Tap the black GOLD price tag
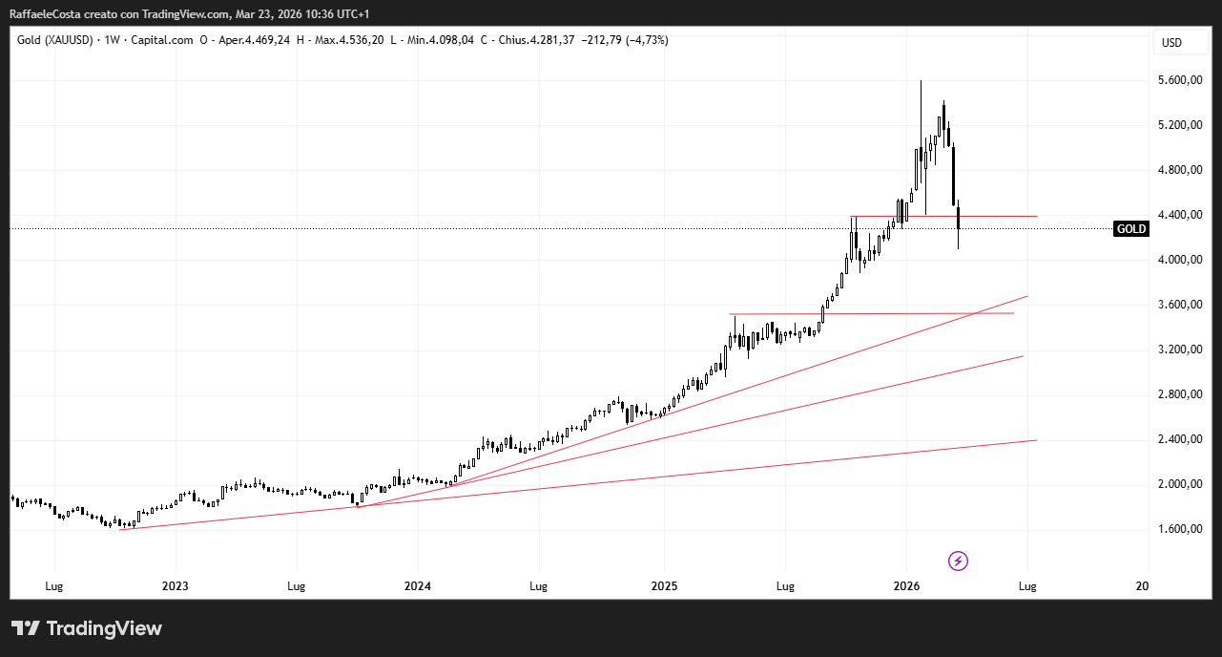(1131, 229)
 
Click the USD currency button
(1170, 43)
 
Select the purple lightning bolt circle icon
(959, 561)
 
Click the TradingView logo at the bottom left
(87, 628)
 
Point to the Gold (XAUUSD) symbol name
(56, 40)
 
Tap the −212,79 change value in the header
(601, 40)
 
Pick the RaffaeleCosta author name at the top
(48, 14)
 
